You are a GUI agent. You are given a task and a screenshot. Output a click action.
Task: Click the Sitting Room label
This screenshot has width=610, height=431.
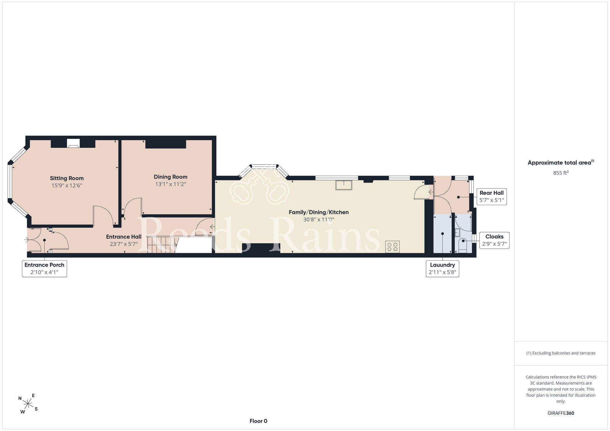[67, 178]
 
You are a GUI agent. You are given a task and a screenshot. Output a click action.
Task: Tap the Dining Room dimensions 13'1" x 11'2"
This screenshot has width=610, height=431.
[170, 184]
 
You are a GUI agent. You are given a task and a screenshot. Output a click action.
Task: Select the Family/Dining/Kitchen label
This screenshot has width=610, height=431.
[319, 212]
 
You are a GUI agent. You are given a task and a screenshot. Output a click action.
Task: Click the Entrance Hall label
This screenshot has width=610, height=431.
[124, 237]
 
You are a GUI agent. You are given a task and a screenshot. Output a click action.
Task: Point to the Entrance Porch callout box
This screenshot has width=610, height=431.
[45, 269]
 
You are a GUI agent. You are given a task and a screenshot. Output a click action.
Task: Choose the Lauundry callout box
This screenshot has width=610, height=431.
[443, 269]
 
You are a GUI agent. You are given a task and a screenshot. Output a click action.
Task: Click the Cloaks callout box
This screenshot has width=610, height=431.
[494, 240]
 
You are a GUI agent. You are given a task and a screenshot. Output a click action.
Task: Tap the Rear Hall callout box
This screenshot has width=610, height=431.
[492, 197]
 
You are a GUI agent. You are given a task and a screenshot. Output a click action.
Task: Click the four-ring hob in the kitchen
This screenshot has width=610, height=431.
[393, 247]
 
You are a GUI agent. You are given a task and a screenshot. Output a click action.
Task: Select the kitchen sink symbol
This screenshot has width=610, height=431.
[344, 185]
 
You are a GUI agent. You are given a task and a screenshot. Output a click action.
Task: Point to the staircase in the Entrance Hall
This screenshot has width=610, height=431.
[162, 244]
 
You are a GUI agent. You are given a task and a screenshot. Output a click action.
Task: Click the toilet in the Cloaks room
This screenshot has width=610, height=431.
[463, 245]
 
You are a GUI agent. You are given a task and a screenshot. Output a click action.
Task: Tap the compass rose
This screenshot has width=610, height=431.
[28, 404]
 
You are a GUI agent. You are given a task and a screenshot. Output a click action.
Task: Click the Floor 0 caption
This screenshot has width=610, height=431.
[258, 421]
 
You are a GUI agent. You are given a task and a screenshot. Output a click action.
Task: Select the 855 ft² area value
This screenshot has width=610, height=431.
[561, 173]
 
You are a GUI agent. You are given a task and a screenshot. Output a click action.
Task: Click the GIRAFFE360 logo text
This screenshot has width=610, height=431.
[561, 413]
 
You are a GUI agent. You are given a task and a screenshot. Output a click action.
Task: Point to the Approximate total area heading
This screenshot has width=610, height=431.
[561, 162]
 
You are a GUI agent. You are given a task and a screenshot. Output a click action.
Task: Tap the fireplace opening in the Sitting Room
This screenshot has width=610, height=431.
[73, 143]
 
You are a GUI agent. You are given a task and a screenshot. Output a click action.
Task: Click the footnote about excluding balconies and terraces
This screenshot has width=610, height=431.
[561, 353]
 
